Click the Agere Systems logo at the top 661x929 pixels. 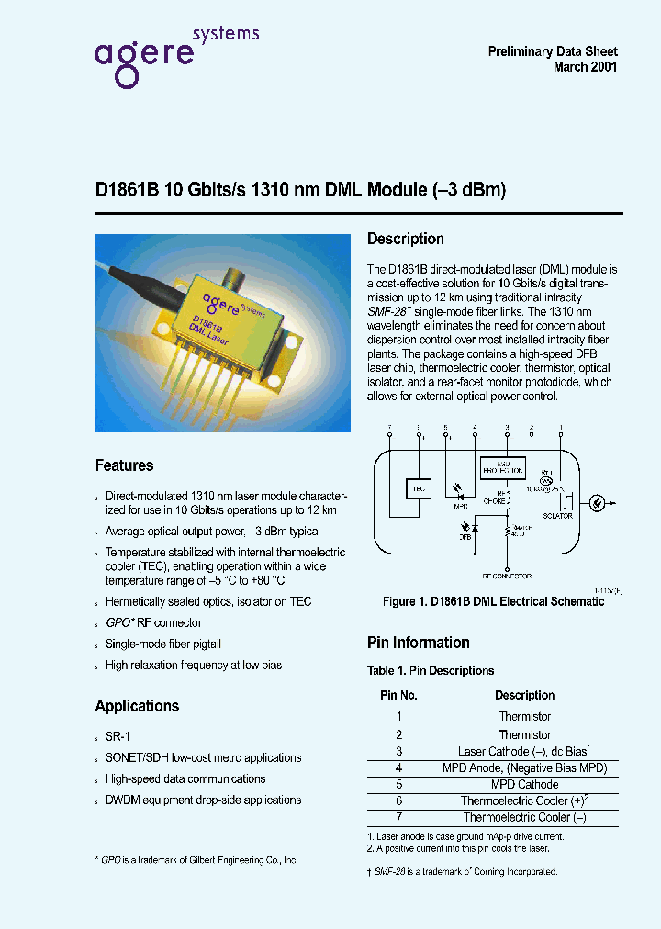tap(174, 54)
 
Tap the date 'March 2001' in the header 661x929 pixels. tap(585, 67)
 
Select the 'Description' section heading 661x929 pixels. tap(405, 240)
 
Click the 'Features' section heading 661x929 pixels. tap(124, 465)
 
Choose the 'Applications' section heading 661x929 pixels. tap(137, 706)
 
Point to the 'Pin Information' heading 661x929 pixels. tap(418, 643)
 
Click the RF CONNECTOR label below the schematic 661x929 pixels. tap(507, 576)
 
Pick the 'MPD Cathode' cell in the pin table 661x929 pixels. tap(524, 784)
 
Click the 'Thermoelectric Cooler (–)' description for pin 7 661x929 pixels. tap(524, 817)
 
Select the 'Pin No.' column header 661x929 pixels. tap(399, 695)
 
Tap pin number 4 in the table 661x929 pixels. tap(399, 767)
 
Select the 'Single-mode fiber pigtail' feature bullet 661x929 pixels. tap(162, 644)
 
